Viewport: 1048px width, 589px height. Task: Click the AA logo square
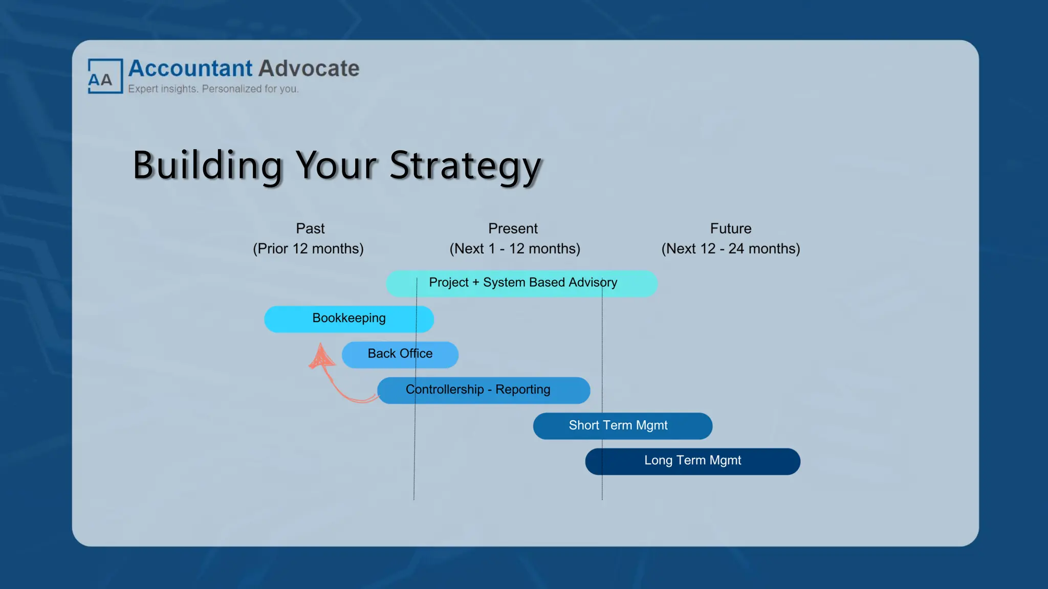(x=105, y=76)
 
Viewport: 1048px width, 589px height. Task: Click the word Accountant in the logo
(x=190, y=69)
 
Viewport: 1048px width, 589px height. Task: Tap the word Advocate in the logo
(x=309, y=69)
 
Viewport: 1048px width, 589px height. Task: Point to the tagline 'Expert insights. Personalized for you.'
(x=213, y=89)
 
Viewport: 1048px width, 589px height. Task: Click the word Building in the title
(x=207, y=165)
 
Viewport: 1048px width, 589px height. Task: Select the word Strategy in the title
(x=465, y=166)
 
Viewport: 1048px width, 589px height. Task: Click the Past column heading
(x=310, y=229)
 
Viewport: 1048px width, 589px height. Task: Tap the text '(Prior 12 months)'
(x=308, y=248)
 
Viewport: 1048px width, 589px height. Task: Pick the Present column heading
(x=513, y=229)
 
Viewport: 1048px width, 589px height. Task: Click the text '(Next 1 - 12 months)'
(x=515, y=248)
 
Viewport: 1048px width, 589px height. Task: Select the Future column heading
(x=730, y=229)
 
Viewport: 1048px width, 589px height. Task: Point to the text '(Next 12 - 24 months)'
(x=730, y=248)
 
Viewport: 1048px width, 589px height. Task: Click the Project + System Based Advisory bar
(x=522, y=283)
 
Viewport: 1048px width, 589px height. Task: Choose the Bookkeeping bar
(x=349, y=319)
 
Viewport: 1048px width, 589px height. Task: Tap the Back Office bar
(x=400, y=354)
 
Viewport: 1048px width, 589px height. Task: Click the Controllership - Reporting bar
(x=484, y=390)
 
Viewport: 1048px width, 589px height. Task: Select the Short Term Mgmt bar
(x=622, y=426)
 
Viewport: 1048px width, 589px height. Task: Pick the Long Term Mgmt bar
(x=692, y=461)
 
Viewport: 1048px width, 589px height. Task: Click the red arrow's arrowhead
(x=321, y=356)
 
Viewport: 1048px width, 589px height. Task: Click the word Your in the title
(x=336, y=165)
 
